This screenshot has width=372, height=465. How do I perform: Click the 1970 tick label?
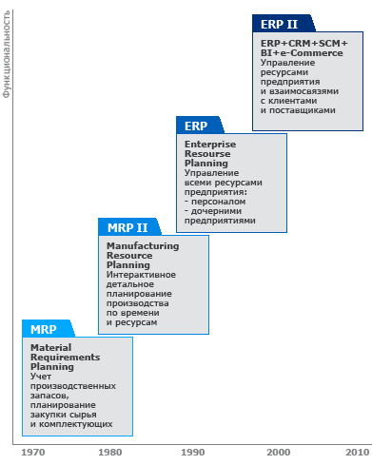pos(33,452)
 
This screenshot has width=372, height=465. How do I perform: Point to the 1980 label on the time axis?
pos(110,452)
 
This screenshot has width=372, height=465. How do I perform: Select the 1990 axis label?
pos(193,452)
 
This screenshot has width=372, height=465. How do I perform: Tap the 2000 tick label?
pos(279,452)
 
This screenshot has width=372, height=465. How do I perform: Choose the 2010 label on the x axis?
pos(358,452)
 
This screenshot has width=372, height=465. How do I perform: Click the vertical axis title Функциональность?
pos(7,54)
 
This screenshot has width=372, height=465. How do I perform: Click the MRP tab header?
pos(49,329)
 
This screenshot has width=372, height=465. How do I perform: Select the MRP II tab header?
pos(129,227)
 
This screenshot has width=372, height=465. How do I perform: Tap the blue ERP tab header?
pos(200,126)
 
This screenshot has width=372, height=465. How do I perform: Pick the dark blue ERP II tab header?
pos(284,24)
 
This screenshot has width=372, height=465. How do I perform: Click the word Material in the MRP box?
pos(51,347)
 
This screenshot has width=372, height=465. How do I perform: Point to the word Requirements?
pos(66,358)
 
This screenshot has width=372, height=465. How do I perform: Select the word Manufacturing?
pos(143,246)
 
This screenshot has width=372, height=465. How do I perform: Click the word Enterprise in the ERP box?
pos(210,145)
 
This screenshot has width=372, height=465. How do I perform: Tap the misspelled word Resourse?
pos(207,154)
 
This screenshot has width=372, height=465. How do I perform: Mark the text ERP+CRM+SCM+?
pos(304,43)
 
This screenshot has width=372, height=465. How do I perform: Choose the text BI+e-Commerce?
pos(302,53)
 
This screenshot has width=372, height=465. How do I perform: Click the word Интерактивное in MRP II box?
pos(141,275)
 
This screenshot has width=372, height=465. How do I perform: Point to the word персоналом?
pos(219,202)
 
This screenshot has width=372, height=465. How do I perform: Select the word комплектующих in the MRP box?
pos(76,424)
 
